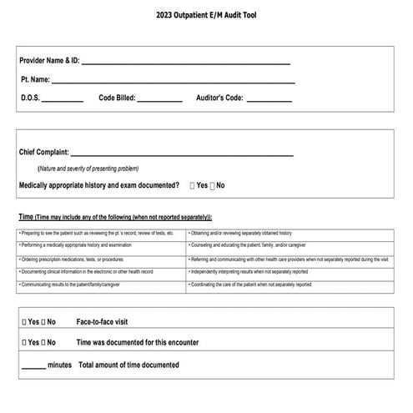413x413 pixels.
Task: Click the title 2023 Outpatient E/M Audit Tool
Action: tap(206, 16)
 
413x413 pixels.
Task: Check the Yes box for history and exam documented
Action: tap(193, 185)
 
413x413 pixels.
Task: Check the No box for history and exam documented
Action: tap(213, 185)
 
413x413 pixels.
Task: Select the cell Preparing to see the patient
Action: tap(96, 233)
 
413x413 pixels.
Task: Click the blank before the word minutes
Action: tap(33, 365)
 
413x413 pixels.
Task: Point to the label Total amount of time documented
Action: tap(128, 365)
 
